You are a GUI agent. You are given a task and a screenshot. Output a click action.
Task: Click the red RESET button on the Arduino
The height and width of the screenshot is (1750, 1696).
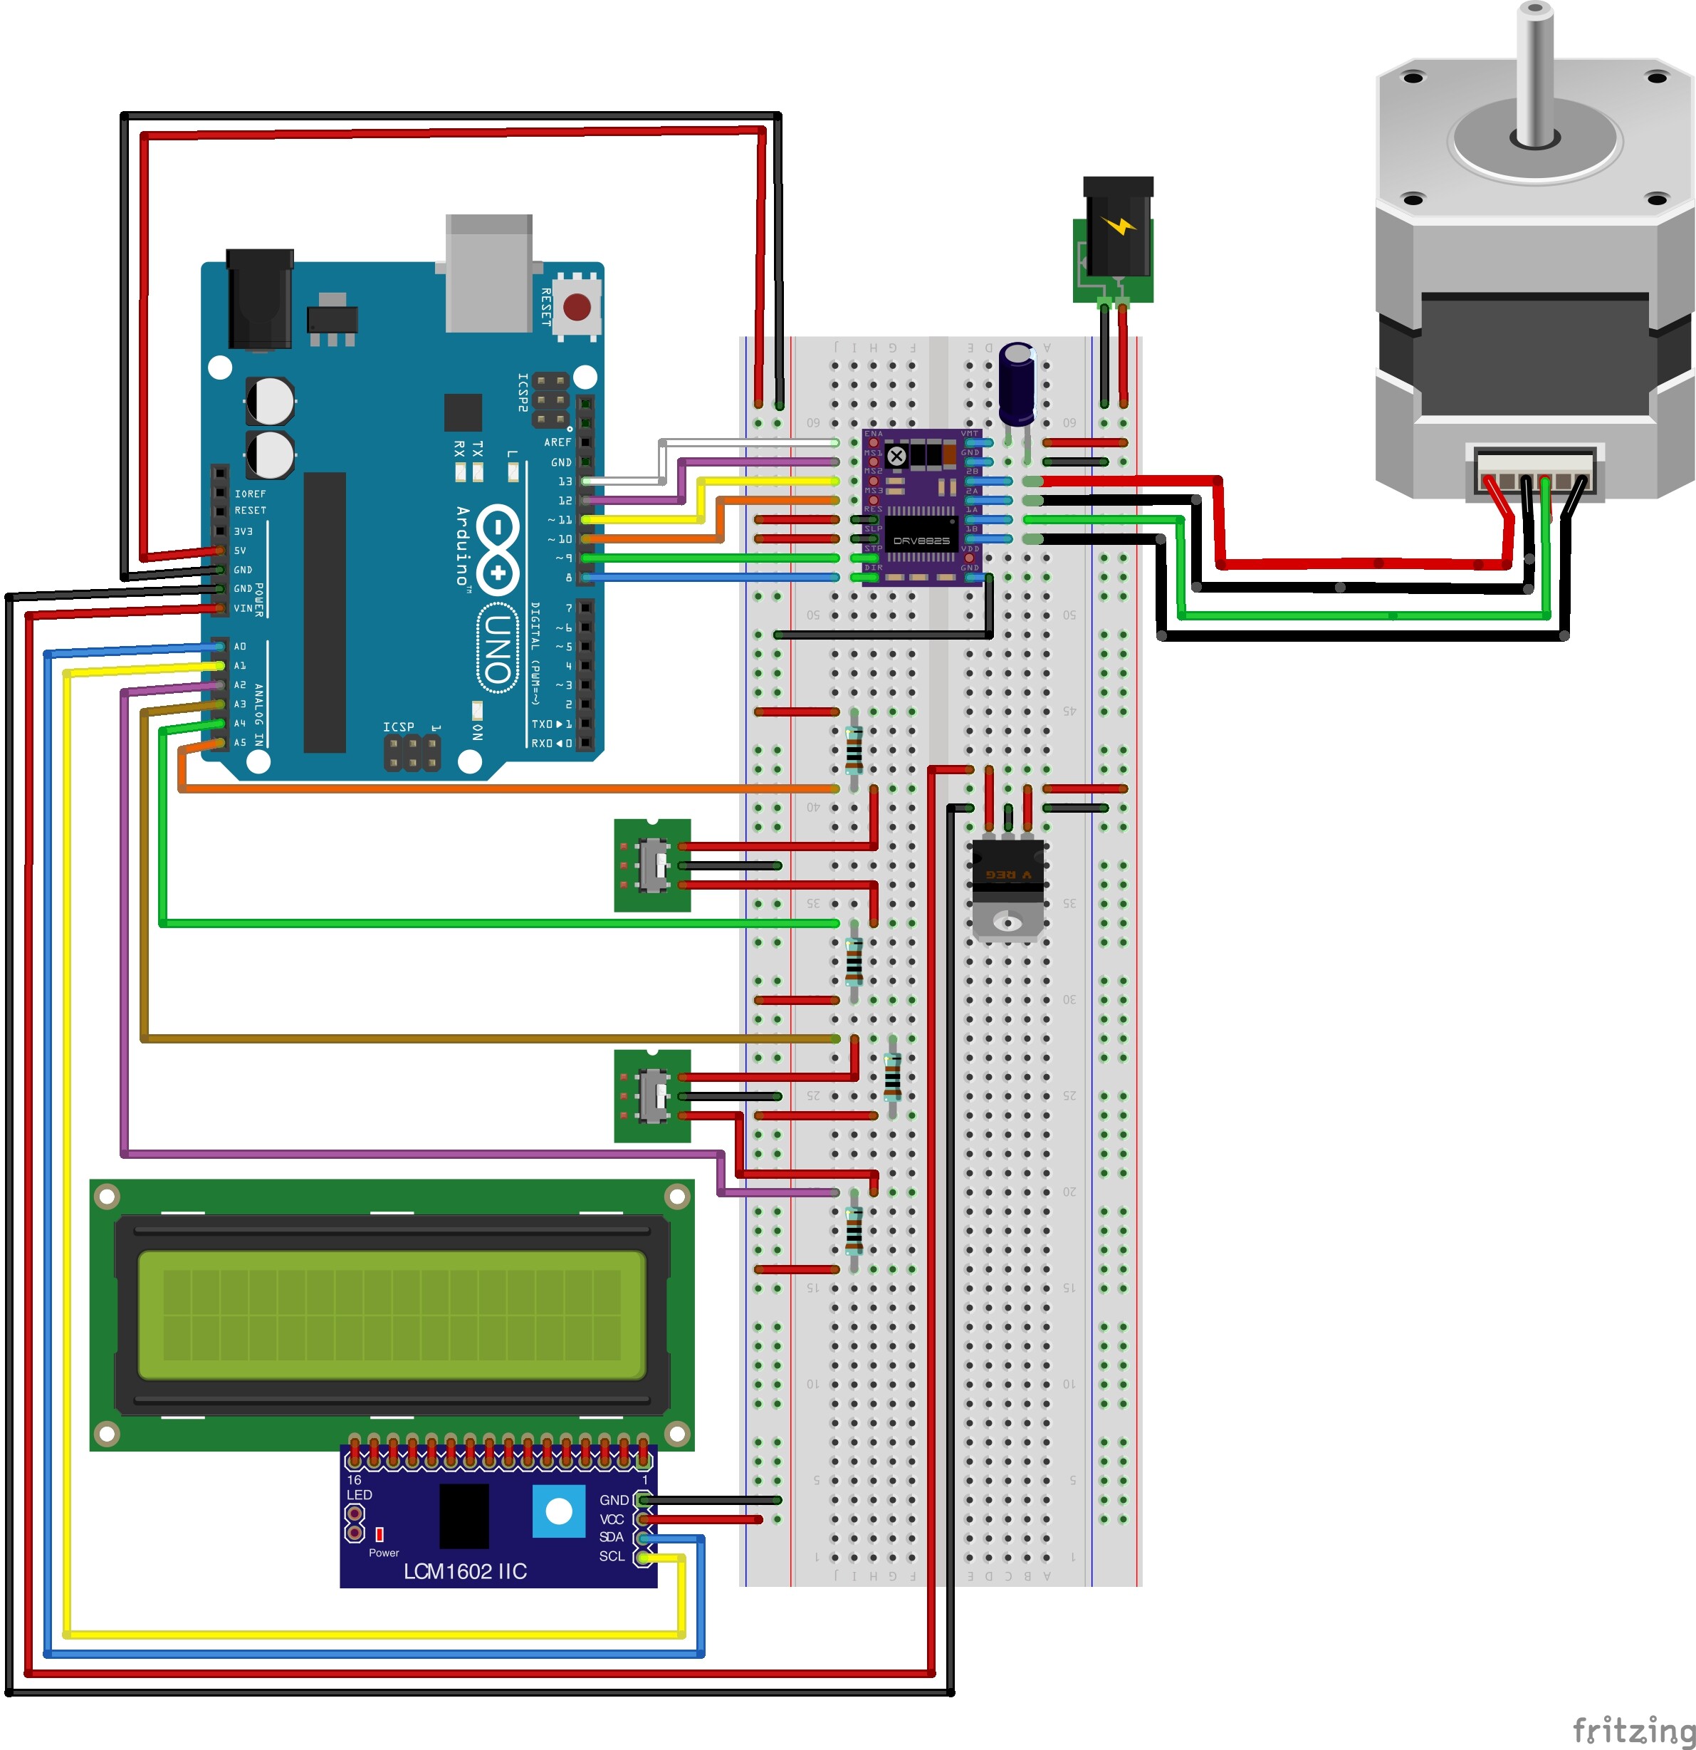pos(577,308)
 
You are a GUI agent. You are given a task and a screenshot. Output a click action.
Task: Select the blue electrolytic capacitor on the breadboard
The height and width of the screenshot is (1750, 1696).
pos(1017,384)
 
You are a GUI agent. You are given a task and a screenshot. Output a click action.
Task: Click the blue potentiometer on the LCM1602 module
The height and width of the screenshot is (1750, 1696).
pos(559,1511)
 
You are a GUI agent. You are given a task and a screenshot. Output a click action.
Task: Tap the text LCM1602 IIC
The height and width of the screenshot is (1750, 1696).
pos(465,1571)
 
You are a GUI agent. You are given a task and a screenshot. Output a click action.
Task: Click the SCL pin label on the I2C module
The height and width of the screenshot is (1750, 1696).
pos(612,1556)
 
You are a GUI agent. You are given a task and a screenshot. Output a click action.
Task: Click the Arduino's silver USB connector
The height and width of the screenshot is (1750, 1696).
pos(489,272)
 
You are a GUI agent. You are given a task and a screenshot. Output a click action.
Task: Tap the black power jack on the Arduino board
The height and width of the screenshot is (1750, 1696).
pos(259,299)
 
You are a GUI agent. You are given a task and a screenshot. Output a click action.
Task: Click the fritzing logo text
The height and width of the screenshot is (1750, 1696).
pos(1633,1729)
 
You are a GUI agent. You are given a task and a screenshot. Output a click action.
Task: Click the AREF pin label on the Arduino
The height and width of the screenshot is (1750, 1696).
pos(558,442)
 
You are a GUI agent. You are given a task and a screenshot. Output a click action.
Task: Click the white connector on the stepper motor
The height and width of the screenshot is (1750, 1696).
pos(1534,472)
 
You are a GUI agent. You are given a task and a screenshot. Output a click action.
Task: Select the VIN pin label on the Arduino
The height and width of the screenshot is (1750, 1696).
pos(242,608)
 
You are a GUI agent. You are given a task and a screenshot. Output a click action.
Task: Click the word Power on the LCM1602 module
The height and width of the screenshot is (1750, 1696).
pos(384,1553)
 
